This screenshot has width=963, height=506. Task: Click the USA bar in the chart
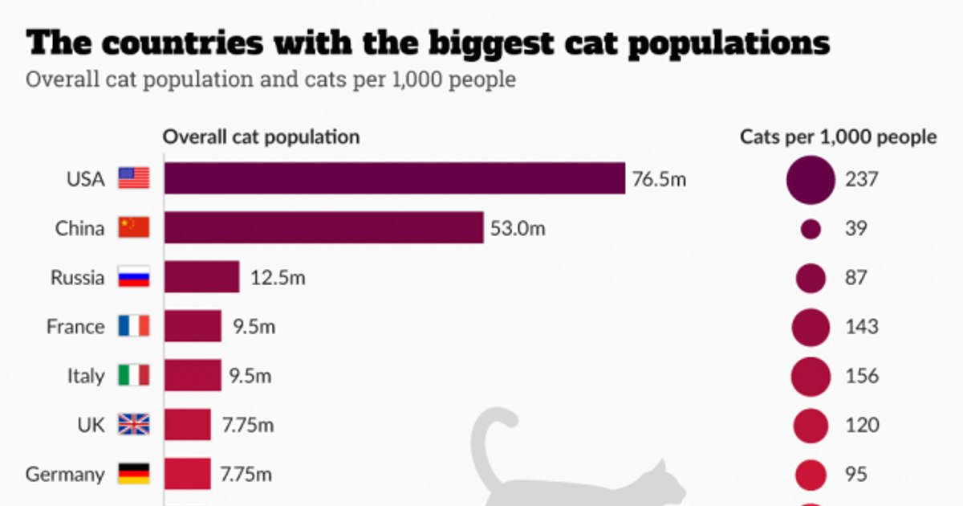click(395, 178)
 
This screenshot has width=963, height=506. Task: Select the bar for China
click(324, 228)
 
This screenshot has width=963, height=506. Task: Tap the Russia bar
click(202, 277)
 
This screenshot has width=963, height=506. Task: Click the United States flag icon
click(134, 178)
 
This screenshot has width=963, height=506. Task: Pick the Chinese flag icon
click(134, 228)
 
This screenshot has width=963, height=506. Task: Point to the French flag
click(134, 326)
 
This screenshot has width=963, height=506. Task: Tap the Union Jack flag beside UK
click(134, 425)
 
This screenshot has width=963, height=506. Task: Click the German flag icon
click(134, 474)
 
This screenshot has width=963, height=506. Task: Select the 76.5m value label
click(659, 179)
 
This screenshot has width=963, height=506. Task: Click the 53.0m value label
click(518, 229)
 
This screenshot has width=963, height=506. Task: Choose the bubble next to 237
click(811, 179)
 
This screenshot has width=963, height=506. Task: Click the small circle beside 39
click(811, 229)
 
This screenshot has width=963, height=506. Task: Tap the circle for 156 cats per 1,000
click(811, 376)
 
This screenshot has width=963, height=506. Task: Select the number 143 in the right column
click(861, 327)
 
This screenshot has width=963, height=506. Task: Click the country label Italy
click(85, 376)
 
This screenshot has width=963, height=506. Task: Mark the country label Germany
click(65, 474)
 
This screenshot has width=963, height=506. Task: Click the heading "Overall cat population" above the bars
click(261, 137)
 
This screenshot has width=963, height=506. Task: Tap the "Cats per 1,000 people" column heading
click(838, 137)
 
